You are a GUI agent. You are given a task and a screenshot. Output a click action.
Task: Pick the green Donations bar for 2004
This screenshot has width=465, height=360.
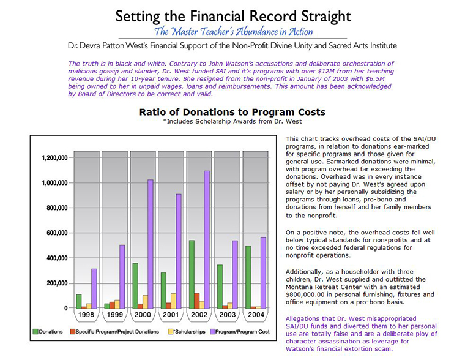pos(248,276)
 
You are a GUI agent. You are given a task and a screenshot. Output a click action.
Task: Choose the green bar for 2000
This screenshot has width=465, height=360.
pos(135,285)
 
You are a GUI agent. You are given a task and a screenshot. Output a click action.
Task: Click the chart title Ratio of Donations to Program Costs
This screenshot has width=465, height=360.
pos(232,112)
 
